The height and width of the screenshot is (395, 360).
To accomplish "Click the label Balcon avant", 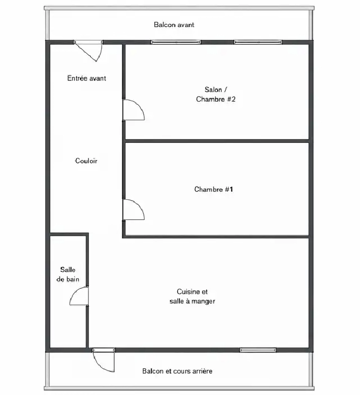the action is [x=174, y=25].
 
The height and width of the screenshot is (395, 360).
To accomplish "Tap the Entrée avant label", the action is [x=86, y=78].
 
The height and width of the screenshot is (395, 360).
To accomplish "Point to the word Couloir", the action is [x=86, y=161].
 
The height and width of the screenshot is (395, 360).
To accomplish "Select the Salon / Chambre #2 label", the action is [x=216, y=95].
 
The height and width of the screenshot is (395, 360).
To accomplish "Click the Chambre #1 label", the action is [x=214, y=189].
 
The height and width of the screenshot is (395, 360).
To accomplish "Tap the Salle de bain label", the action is [x=68, y=275].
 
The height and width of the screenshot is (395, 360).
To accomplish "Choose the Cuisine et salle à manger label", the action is [x=193, y=296].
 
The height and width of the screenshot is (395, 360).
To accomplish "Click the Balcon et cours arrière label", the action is [x=177, y=371].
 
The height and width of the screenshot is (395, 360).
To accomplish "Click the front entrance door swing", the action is [x=94, y=52].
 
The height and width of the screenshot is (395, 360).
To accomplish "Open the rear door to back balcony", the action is [x=104, y=361].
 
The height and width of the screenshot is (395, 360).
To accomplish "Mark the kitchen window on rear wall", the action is [x=258, y=350].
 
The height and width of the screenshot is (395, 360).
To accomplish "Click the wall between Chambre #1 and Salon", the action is [x=217, y=141].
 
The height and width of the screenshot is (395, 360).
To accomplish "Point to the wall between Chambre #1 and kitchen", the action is [x=217, y=236].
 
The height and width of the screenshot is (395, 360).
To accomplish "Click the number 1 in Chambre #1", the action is [x=231, y=189].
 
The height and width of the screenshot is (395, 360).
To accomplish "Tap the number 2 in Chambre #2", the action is [x=233, y=99].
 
